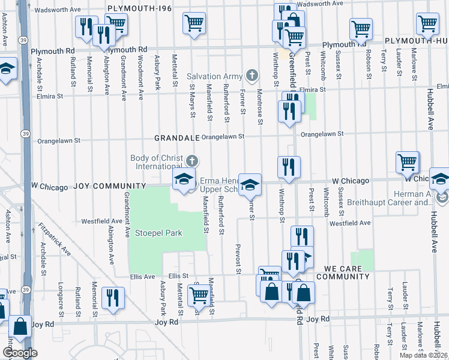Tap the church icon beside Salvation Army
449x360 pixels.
(253, 76)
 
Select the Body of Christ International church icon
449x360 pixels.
(191, 160)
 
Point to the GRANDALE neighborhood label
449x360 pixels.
(176, 137)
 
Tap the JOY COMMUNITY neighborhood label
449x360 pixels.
(109, 187)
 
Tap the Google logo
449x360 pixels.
(20, 353)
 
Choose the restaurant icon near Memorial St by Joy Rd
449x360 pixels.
(113, 298)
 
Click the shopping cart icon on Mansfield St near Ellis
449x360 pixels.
(198, 295)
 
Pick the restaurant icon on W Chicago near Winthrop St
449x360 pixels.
(289, 166)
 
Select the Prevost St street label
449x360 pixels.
(238, 259)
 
